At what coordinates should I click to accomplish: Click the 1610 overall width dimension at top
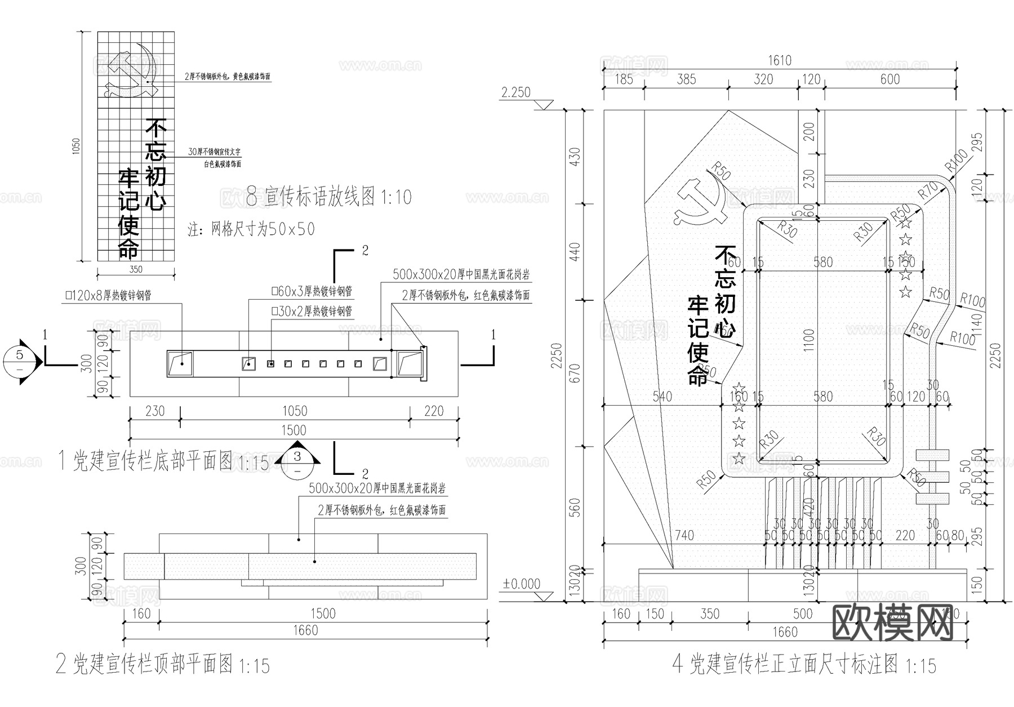(780, 60)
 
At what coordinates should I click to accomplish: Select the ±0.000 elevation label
(521, 584)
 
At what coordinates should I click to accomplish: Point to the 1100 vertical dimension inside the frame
(808, 340)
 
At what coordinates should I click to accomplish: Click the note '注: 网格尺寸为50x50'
(251, 229)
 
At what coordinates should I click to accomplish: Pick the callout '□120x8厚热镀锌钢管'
(108, 295)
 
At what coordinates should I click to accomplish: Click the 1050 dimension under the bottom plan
(294, 411)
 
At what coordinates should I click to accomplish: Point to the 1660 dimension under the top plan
(305, 630)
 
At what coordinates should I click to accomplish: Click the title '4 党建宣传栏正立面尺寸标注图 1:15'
(804, 665)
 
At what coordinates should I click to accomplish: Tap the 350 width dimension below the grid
(136, 270)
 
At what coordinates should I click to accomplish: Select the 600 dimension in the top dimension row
(890, 79)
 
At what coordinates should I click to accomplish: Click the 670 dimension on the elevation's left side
(574, 374)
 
